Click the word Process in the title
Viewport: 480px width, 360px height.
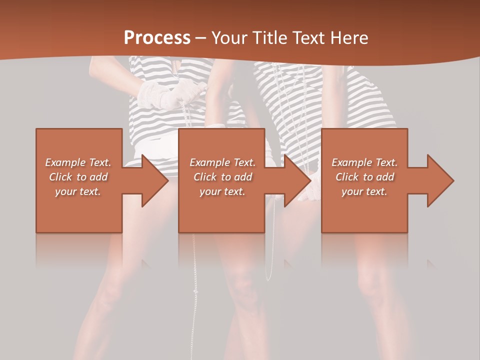point(157,38)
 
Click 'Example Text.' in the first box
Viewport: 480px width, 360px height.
point(78,162)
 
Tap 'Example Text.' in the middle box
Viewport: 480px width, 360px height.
point(222,162)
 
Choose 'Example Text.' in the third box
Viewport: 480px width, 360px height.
point(364,162)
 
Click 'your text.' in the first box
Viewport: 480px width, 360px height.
point(78,191)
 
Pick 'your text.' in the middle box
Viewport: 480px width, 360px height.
point(222,191)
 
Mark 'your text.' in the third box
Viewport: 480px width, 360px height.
point(364,191)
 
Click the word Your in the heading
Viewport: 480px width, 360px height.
point(228,38)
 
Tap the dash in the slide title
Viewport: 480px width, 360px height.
point(200,38)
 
